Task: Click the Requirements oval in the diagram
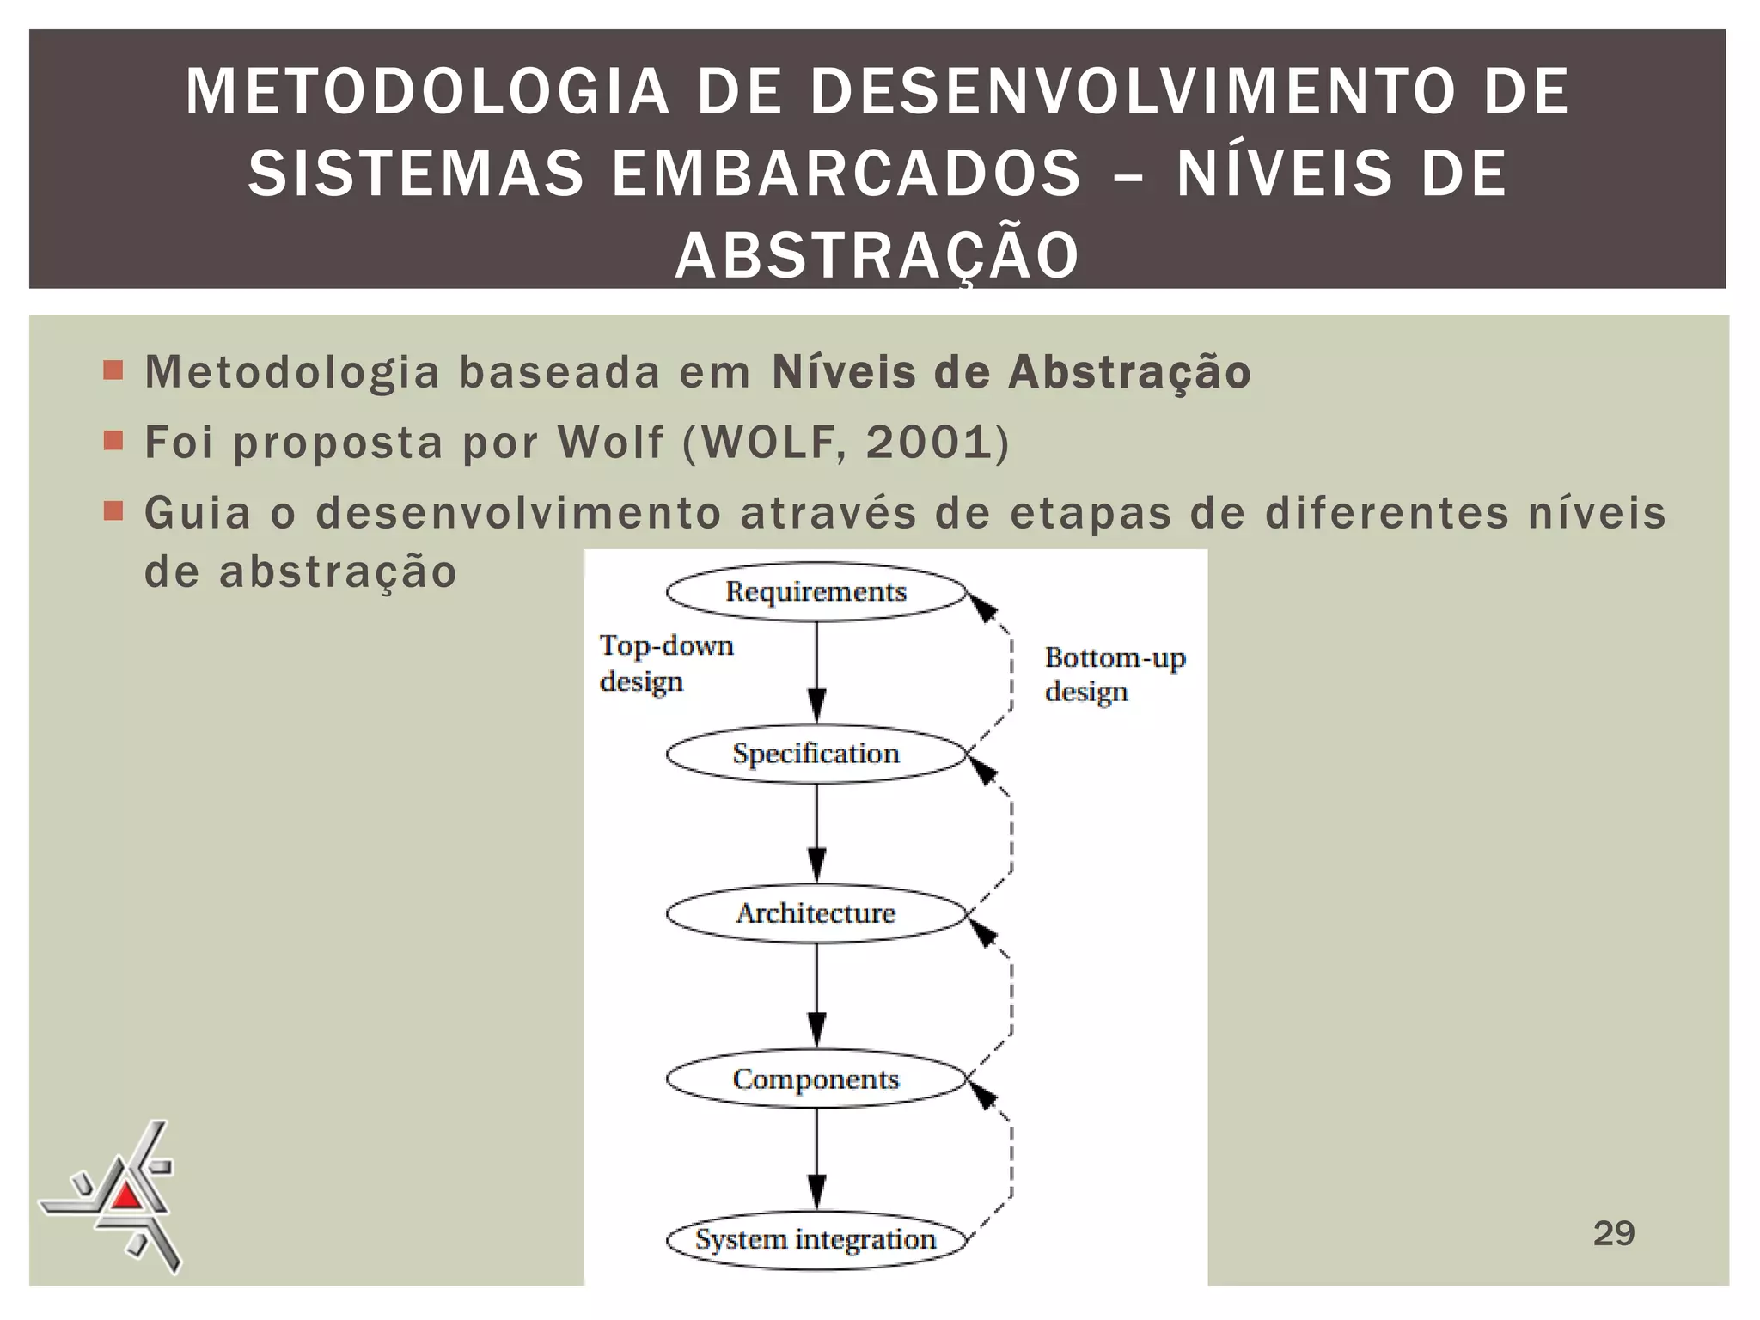click(816, 592)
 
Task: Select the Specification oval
click(816, 754)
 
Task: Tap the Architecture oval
click(816, 914)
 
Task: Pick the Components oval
click(816, 1079)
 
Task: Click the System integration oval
click(816, 1239)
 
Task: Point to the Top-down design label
click(666, 663)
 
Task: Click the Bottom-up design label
click(1115, 675)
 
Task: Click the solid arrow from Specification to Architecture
click(817, 834)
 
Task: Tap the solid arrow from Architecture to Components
click(817, 995)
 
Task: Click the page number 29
click(1613, 1233)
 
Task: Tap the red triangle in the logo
click(126, 1195)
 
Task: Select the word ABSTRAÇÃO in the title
click(877, 255)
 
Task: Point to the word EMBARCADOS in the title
click(846, 173)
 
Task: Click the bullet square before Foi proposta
click(113, 441)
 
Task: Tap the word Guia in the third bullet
click(198, 513)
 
